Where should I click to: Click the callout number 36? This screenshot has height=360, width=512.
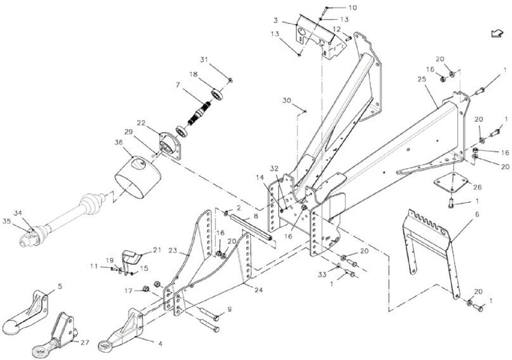(119, 142)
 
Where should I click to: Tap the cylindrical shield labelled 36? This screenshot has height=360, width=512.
(138, 177)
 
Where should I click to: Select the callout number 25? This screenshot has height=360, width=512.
(422, 79)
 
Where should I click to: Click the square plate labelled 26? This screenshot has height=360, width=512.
(451, 184)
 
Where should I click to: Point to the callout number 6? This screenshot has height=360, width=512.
(477, 215)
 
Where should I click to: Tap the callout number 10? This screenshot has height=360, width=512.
(353, 8)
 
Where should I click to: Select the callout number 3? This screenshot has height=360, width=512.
(275, 20)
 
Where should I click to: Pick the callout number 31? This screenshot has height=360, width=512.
(204, 60)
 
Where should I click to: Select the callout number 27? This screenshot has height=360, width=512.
(85, 343)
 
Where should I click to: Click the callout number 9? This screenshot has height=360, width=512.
(229, 309)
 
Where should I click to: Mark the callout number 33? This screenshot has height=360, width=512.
(322, 274)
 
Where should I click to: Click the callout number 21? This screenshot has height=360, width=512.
(157, 250)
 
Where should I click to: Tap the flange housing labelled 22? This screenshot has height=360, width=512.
(170, 146)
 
